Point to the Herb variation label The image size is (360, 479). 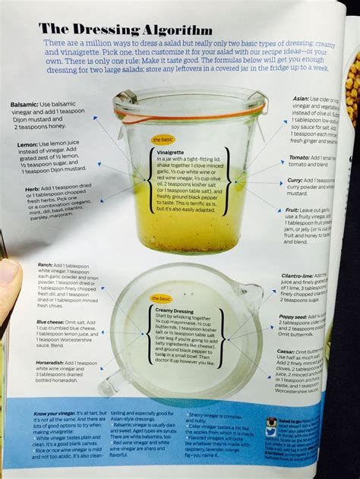(33, 186)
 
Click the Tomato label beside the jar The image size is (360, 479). (298, 157)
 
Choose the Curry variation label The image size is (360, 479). (295, 180)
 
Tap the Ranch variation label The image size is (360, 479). (45, 266)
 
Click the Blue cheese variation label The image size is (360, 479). (52, 322)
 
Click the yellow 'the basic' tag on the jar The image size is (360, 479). (163, 140)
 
